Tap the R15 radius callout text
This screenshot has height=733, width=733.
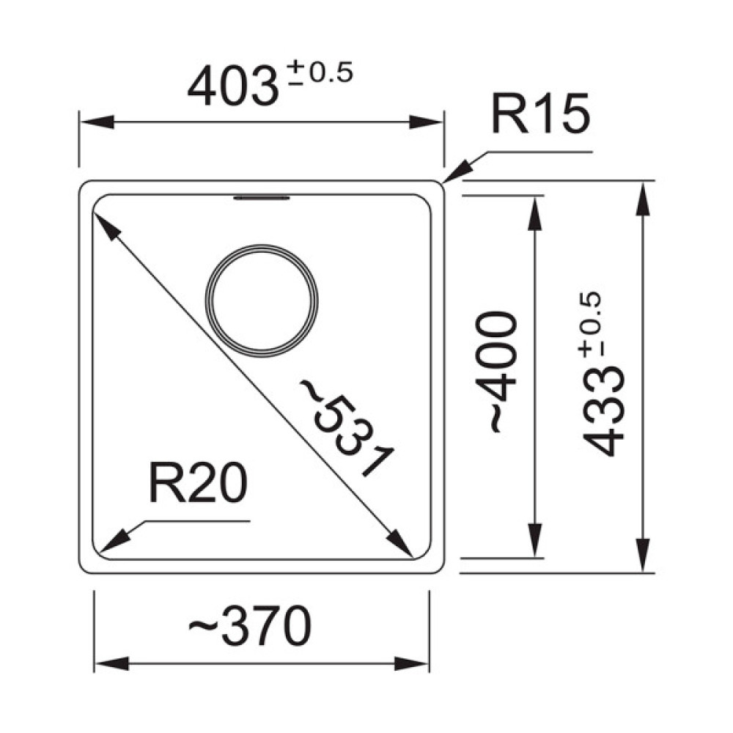pyautogui.click(x=540, y=114)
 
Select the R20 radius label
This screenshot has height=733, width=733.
pyautogui.click(x=197, y=482)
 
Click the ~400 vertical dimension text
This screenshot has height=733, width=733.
pyautogui.click(x=496, y=372)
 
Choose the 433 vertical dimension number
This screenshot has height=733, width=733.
pyautogui.click(x=603, y=410)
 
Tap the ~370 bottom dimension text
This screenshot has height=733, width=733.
pyautogui.click(x=249, y=625)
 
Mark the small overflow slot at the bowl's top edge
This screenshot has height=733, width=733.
pyautogui.click(x=262, y=198)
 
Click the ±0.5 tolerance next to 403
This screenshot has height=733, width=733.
pyautogui.click(x=320, y=73)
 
